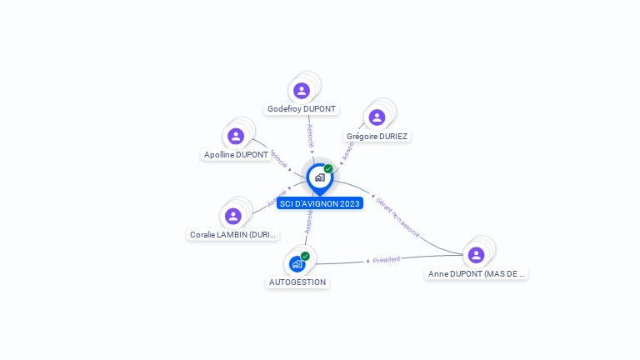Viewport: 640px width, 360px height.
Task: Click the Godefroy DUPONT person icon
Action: [x=302, y=90]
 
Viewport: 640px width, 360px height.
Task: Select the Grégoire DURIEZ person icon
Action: [x=377, y=117]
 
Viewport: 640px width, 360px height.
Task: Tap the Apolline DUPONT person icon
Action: [x=236, y=136]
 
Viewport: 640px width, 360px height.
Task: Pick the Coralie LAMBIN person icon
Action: [x=233, y=216]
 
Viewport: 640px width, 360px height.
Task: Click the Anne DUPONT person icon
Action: [x=476, y=255]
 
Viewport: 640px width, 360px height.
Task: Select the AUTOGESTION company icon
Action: [x=297, y=264]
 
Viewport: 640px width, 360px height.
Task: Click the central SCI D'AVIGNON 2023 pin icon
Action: [x=319, y=177]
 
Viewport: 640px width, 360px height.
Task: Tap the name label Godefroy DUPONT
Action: [x=302, y=109]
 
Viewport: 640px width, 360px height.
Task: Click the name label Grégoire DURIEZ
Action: [x=378, y=136]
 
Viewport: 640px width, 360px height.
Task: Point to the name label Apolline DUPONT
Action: [x=236, y=155]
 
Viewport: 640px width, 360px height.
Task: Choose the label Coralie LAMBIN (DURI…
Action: [x=233, y=235]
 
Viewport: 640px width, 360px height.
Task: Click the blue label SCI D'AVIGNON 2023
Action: [x=320, y=203]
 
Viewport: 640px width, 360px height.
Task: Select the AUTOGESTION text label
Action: [x=297, y=282]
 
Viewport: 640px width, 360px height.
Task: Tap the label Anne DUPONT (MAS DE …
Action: [x=477, y=273]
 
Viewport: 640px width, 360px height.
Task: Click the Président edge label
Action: [x=387, y=260]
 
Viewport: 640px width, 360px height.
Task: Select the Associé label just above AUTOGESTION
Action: [x=307, y=222]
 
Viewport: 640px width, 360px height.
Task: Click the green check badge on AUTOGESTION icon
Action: [x=305, y=256]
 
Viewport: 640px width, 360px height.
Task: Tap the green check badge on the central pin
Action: [x=328, y=169]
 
